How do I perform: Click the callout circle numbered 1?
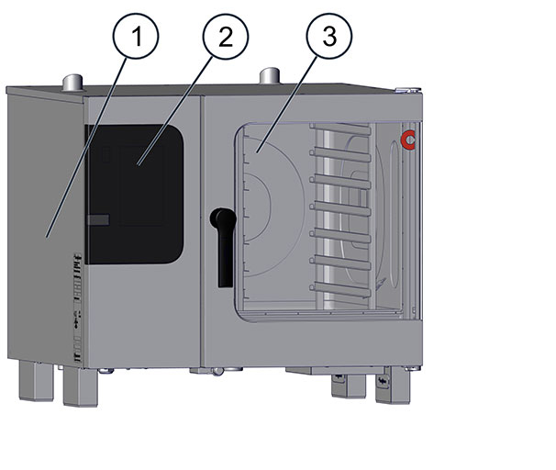[136, 36]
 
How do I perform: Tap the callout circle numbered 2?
[226, 37]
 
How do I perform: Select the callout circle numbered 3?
[329, 36]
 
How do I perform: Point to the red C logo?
[407, 140]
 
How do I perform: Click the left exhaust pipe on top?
[73, 83]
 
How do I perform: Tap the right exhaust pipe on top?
[270, 75]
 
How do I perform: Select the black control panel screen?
[135, 194]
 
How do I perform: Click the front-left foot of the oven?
[81, 386]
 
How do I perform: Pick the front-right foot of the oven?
[393, 385]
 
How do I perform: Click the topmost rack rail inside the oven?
[340, 129]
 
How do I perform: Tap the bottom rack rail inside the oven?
[340, 289]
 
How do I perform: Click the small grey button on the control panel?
[98, 219]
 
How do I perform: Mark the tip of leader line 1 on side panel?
[47, 238]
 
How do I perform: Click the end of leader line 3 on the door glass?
[257, 153]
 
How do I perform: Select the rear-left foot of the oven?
[36, 381]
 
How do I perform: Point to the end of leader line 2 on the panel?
[138, 165]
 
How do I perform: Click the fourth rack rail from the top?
[340, 209]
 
